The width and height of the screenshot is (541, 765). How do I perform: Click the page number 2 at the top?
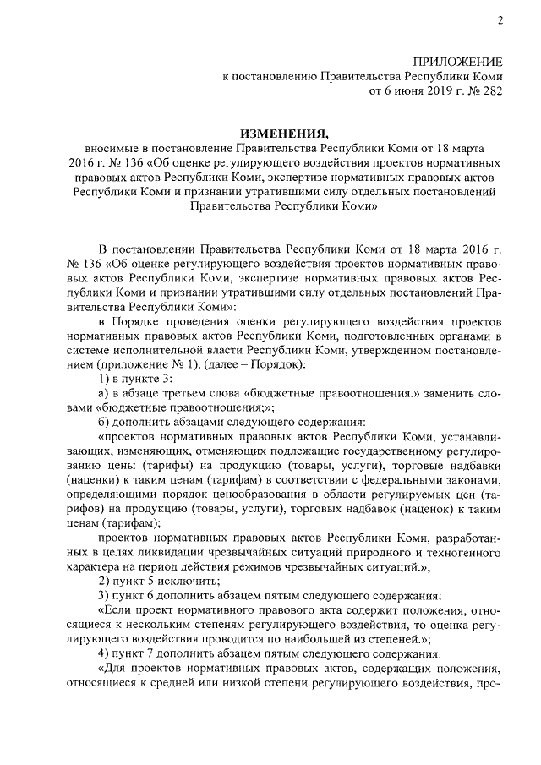[x=499, y=21]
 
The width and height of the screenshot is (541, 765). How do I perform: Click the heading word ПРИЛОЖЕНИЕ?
[x=457, y=63]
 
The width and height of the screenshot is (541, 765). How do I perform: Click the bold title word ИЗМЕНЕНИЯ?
[x=283, y=134]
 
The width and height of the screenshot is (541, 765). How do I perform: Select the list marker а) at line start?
[x=105, y=394]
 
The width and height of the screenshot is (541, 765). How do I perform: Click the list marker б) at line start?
[x=105, y=423]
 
